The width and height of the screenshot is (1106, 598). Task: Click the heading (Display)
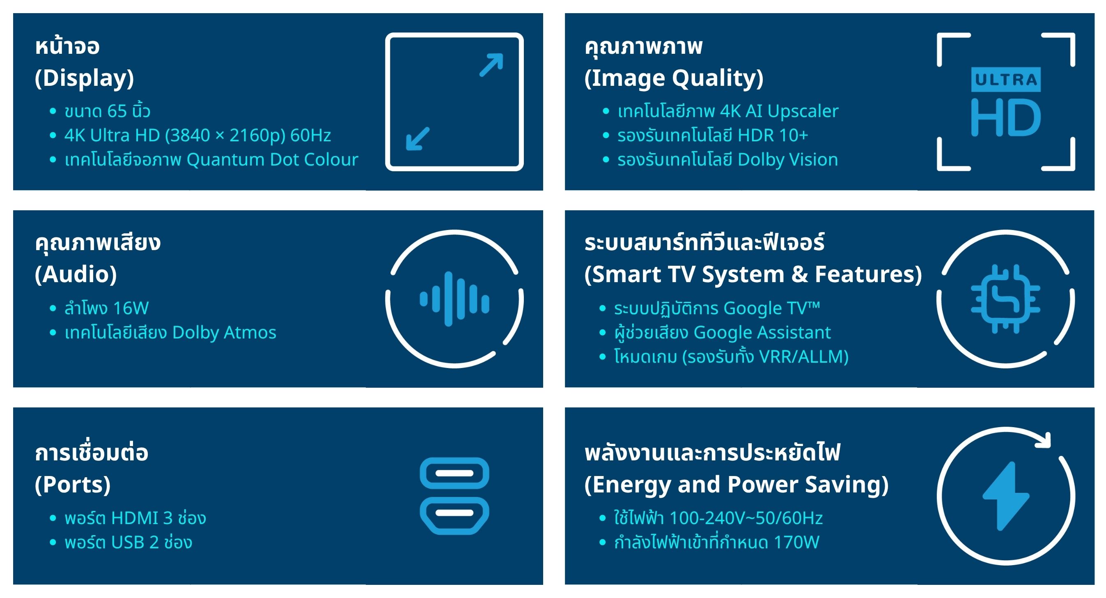84,78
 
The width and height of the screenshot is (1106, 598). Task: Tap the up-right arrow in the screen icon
491,65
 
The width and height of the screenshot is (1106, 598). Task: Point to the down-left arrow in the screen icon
418,138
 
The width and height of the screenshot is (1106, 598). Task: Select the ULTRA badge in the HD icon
1005,80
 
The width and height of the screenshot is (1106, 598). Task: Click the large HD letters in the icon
1005,117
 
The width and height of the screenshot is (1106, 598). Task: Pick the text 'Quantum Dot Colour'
272,160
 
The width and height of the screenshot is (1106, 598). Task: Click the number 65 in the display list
117,111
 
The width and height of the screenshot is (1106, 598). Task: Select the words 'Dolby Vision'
787,160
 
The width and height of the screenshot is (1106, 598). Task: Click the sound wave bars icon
454,299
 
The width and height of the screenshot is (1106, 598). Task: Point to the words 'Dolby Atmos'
224,333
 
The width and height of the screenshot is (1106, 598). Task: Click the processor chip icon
1005,299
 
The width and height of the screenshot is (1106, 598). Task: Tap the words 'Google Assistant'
762,333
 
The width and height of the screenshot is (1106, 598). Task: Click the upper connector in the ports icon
454,473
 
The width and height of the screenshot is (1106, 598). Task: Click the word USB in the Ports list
128,542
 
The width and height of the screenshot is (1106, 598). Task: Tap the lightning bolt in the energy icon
1005,496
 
